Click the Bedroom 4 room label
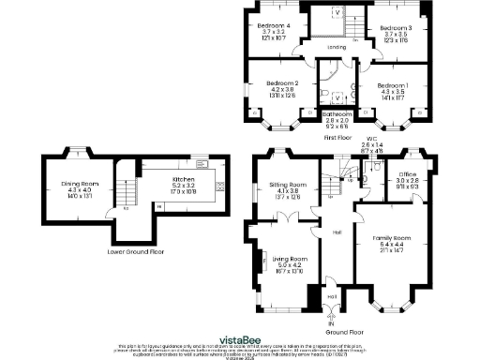click(x=275, y=25)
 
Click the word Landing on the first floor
click(x=336, y=46)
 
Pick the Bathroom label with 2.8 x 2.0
click(x=337, y=113)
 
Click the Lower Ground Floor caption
click(x=135, y=251)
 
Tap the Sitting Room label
click(x=287, y=186)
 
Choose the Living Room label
click(x=290, y=259)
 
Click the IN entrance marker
click(x=330, y=324)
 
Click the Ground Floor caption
click(x=345, y=331)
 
